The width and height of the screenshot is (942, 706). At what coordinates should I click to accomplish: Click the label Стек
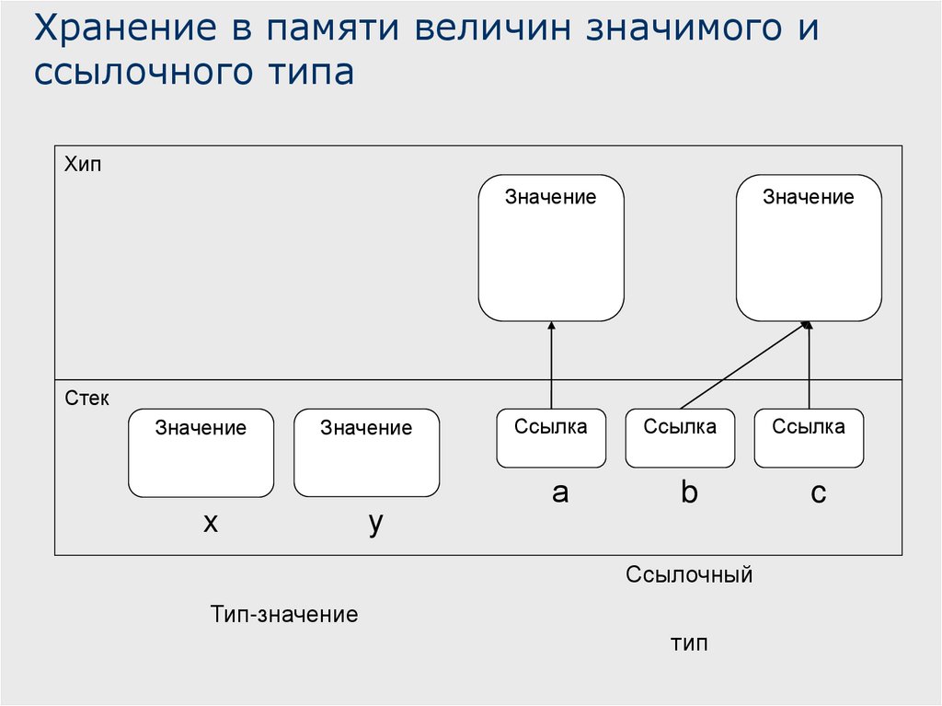[86, 399]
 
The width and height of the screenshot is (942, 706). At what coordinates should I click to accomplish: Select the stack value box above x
[201, 453]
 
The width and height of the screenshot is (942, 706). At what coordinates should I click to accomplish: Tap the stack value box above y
[366, 453]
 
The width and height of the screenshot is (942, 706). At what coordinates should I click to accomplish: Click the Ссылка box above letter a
[551, 438]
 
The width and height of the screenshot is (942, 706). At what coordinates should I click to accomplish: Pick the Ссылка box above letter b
[680, 438]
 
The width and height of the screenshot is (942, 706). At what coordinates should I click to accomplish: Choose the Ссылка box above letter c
[809, 438]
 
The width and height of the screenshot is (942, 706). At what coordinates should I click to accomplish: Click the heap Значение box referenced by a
[551, 248]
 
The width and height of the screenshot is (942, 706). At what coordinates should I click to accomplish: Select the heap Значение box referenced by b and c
[809, 248]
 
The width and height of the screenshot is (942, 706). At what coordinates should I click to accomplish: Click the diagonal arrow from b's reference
[743, 365]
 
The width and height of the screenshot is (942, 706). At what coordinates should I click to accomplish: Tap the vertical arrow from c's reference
[810, 368]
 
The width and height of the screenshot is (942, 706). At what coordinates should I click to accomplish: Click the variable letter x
[211, 523]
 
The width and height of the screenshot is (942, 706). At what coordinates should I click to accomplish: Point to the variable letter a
[560, 493]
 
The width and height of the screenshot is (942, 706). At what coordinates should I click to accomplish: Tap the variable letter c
[818, 494]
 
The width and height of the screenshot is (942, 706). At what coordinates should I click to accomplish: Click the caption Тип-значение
[283, 614]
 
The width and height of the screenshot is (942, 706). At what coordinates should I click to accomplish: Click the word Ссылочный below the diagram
[689, 575]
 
